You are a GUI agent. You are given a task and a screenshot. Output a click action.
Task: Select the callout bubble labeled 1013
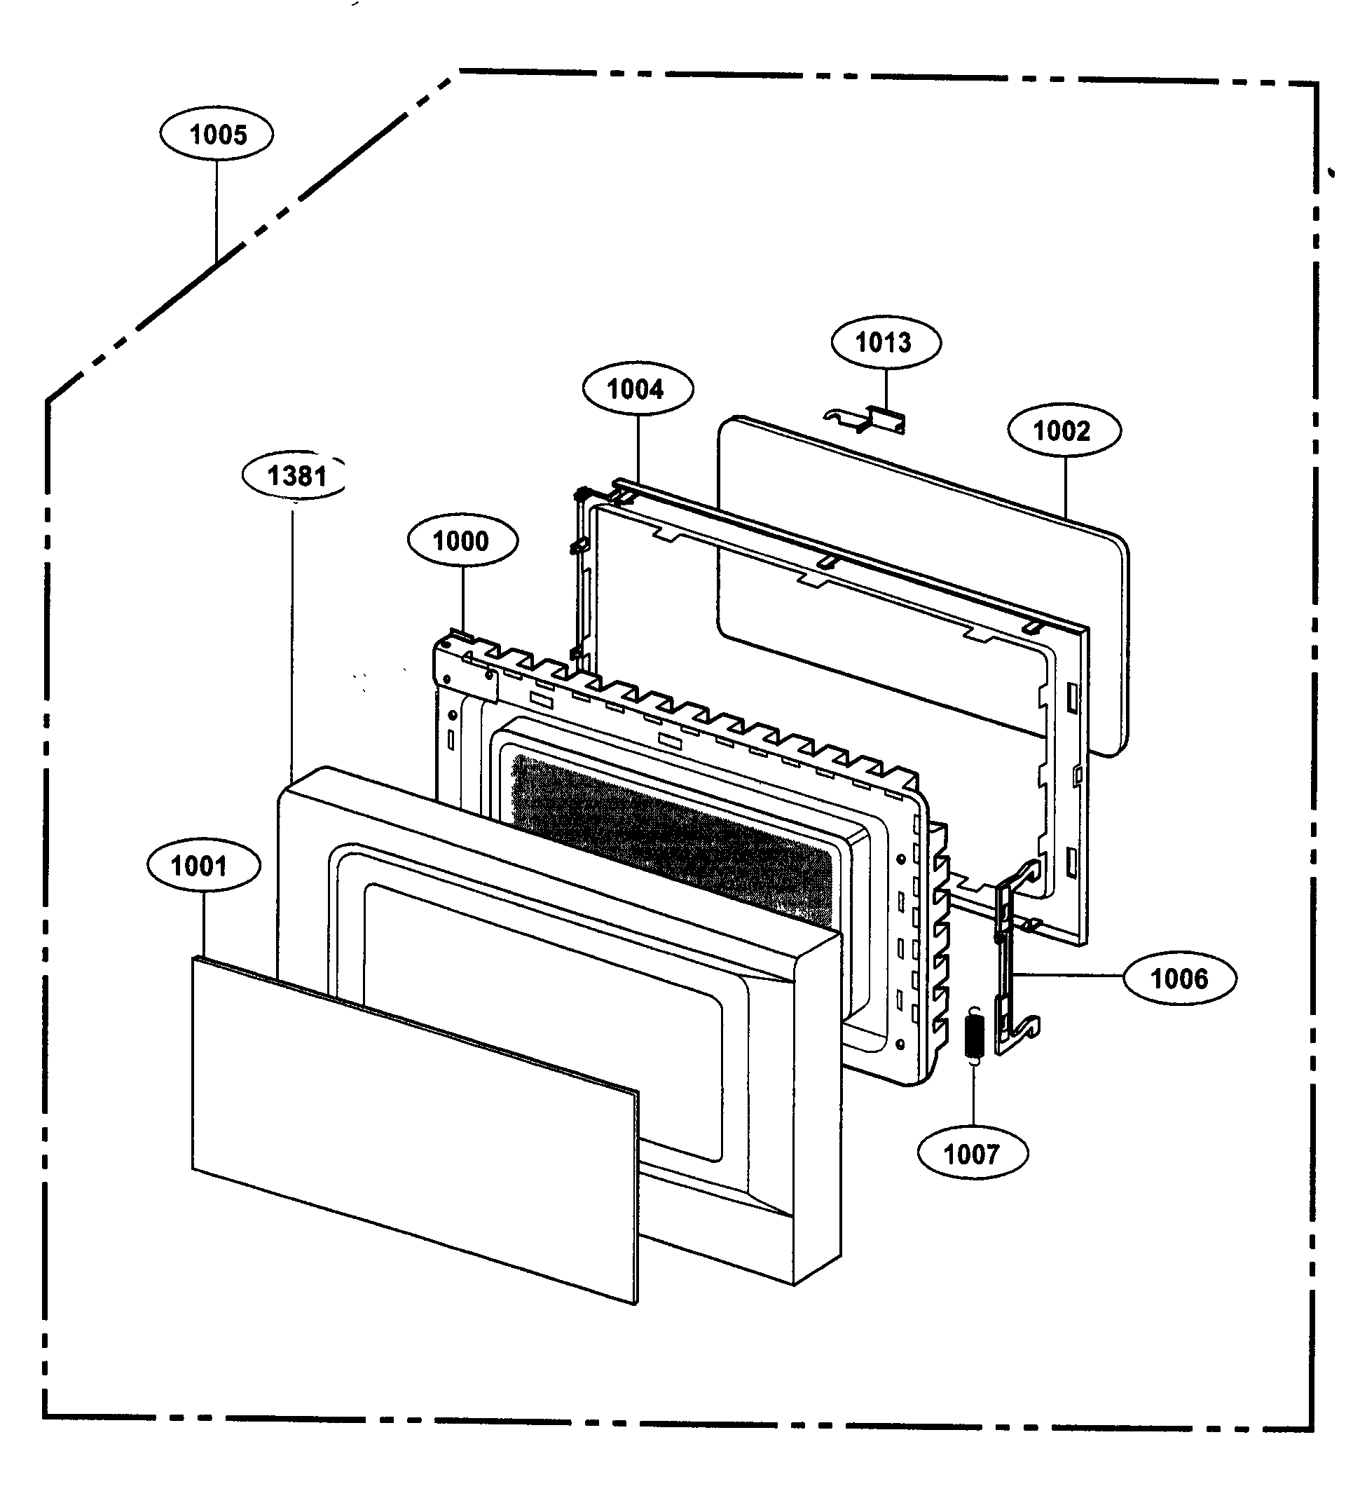(885, 342)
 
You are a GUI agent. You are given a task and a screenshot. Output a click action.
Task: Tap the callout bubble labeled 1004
(638, 388)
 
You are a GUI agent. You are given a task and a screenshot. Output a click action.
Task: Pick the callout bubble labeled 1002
(1064, 430)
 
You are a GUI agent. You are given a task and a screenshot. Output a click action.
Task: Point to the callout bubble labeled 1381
(295, 475)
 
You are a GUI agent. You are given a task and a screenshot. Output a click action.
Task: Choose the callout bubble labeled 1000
(462, 540)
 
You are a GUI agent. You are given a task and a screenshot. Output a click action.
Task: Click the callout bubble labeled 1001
(203, 866)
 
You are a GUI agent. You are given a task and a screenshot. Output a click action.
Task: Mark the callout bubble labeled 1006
(1179, 978)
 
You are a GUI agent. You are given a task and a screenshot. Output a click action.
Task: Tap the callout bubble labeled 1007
(972, 1153)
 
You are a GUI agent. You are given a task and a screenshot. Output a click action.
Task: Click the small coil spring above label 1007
(975, 1037)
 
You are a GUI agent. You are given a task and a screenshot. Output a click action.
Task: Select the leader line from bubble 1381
(292, 636)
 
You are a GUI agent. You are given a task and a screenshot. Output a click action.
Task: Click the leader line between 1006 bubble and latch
(1069, 976)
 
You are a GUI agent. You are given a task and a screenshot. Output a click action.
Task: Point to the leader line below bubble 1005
(217, 211)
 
